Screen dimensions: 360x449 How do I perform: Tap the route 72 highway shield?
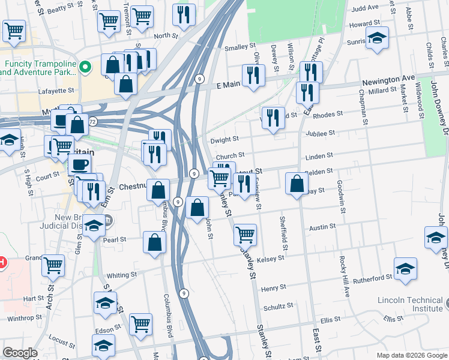click(x=91, y=121)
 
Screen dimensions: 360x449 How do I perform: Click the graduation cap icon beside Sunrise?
click(x=377, y=38)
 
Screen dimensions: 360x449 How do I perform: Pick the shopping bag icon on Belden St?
click(x=297, y=184)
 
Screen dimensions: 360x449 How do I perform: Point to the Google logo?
click(x=20, y=353)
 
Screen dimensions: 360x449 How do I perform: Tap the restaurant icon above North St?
click(x=184, y=14)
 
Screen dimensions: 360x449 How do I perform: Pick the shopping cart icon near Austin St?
click(x=245, y=234)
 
